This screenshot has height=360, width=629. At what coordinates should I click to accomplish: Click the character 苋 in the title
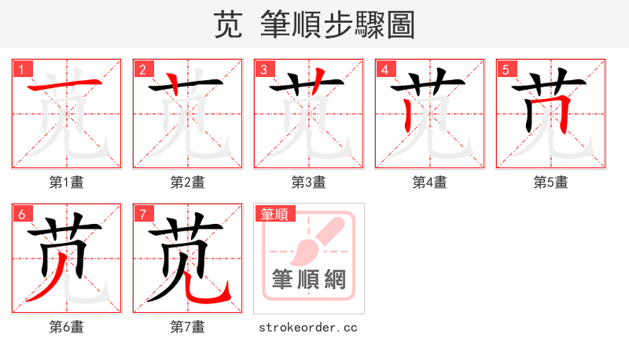228,25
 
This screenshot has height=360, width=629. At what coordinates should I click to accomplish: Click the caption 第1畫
67,182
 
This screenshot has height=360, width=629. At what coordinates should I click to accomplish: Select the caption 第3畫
308,182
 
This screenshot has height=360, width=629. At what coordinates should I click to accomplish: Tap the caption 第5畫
550,182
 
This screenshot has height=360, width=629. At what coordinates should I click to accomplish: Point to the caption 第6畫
67,327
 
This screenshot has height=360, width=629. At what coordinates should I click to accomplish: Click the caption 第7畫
187,327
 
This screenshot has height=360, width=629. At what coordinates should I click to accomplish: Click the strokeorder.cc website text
308,327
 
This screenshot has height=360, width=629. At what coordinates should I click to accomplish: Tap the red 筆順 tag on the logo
274,214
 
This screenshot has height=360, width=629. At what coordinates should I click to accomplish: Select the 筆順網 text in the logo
309,279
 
